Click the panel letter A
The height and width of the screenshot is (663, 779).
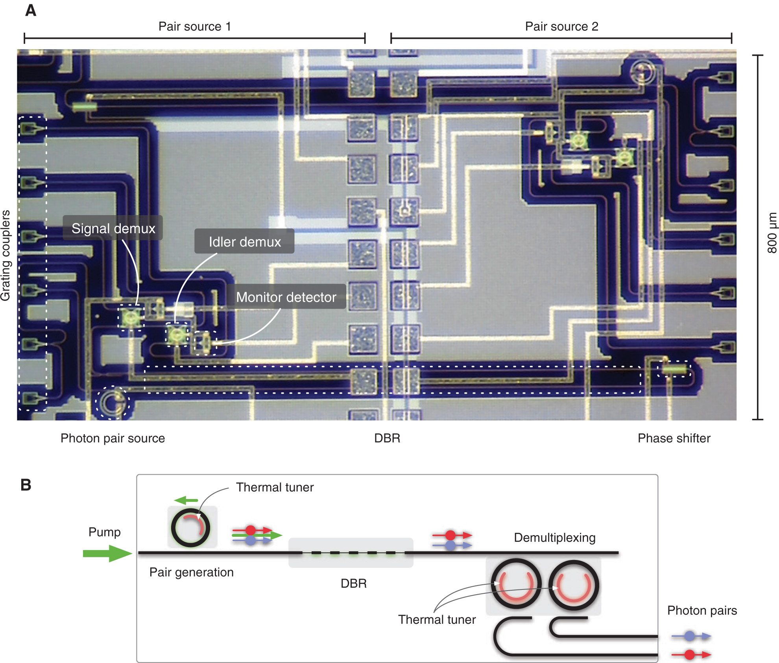(31, 10)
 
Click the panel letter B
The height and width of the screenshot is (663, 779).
(26, 485)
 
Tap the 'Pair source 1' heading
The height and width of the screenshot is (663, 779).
(194, 26)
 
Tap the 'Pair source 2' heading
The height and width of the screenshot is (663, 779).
(561, 26)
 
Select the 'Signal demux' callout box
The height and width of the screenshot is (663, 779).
(113, 228)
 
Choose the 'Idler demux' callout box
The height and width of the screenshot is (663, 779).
(244, 241)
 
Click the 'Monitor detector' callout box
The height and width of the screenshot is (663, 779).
(286, 297)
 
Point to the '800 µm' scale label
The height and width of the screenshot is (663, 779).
(772, 233)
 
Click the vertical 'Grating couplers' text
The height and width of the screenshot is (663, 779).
(6, 256)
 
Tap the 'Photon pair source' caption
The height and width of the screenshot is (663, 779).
(113, 438)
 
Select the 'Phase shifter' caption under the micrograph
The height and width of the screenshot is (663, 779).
(674, 438)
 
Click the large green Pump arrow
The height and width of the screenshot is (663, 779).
(107, 553)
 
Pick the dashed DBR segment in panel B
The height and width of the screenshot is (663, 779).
(351, 553)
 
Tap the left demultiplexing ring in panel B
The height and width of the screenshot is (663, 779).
(516, 584)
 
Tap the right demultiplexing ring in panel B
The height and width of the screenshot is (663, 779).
(574, 585)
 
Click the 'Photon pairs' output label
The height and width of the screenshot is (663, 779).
(702, 610)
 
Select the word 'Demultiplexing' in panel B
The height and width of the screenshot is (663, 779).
(554, 538)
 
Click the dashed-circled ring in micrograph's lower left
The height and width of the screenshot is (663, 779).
(112, 402)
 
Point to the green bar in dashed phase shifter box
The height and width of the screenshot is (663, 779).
(674, 370)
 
